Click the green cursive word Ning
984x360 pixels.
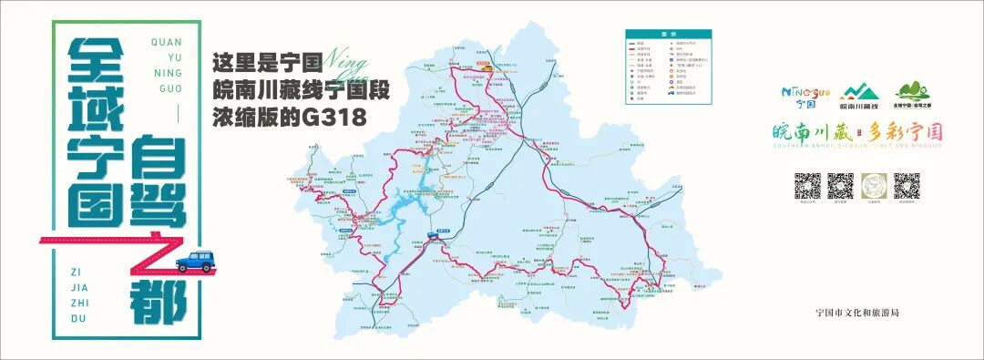tap(347, 63)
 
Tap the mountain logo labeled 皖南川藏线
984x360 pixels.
tap(859, 92)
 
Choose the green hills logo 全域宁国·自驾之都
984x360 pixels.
tap(914, 92)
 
